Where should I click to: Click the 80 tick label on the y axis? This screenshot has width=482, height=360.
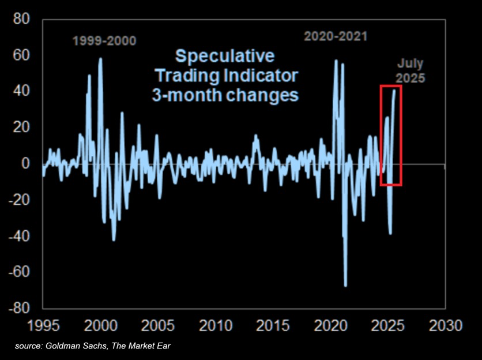21,19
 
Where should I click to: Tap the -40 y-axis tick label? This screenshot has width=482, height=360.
18,235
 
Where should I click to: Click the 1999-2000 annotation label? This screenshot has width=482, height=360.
104,41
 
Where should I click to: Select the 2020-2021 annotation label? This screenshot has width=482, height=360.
336,36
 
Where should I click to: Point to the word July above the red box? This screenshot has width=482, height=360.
411,63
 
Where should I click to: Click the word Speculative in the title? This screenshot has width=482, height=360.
225,57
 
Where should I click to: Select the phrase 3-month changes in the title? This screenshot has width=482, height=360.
225,95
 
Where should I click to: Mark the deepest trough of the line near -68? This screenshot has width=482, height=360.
345,285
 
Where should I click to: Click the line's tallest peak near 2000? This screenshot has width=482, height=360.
100,58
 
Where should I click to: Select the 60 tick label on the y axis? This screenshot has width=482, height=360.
21,55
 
